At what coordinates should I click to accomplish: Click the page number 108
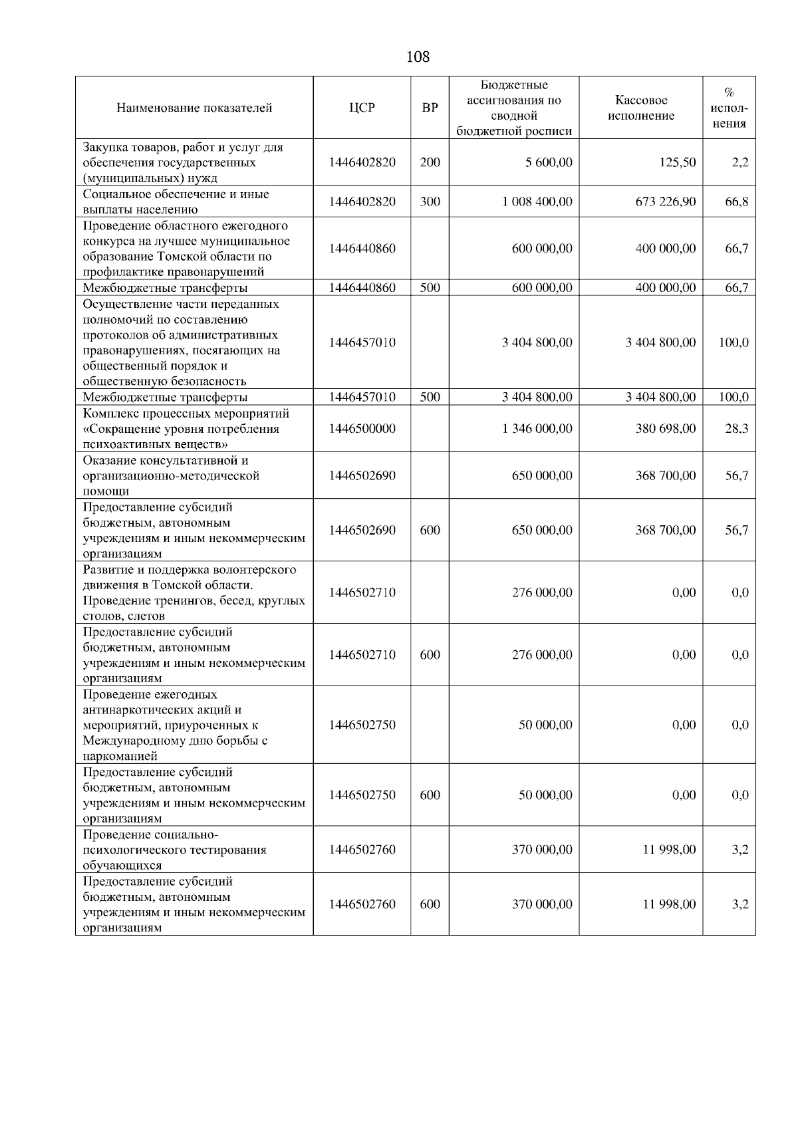click(x=418, y=57)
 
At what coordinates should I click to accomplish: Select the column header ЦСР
click(x=362, y=108)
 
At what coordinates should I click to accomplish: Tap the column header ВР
click(x=430, y=108)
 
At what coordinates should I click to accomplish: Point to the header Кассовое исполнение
click(x=641, y=108)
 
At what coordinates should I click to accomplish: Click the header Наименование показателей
click(x=194, y=108)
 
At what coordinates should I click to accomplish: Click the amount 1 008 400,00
click(x=537, y=201)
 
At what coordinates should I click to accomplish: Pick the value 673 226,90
click(x=666, y=201)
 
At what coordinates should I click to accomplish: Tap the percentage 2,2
click(x=740, y=162)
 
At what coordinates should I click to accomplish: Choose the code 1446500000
click(x=362, y=429)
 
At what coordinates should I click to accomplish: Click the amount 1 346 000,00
click(x=537, y=429)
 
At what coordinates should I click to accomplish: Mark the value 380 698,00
click(x=666, y=429)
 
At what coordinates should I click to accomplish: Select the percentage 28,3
click(x=737, y=429)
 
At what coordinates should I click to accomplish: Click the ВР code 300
click(x=430, y=201)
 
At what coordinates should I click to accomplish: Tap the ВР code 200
click(x=430, y=162)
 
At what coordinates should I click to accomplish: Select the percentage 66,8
click(x=737, y=201)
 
